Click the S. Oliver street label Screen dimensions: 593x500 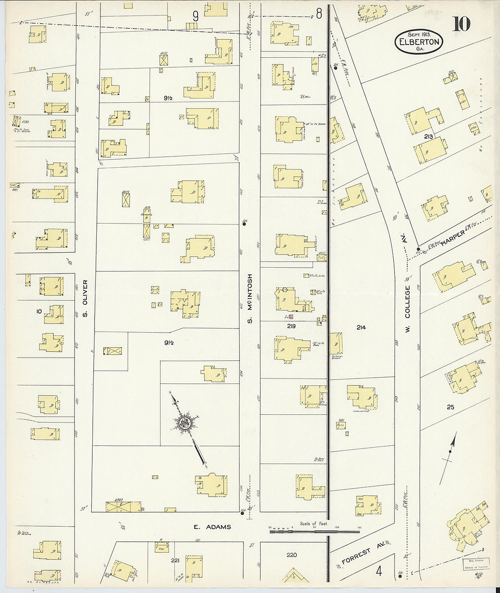pos(85,299)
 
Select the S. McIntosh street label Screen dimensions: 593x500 pos(250,298)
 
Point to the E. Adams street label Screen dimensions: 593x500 pos(212,527)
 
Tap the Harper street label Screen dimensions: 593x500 pos(455,237)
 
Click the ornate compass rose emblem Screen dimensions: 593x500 pos(185,424)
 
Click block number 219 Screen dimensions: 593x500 pos(291,326)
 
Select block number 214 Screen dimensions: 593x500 pos(361,327)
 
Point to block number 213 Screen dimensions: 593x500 pos(428,136)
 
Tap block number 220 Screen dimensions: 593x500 pos(291,555)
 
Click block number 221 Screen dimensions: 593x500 pos(175,560)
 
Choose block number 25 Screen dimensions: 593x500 pos(450,407)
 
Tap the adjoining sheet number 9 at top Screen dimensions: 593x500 pos(195,16)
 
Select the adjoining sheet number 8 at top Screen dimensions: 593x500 pos(319,14)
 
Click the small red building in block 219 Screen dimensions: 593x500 pos(291,317)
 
